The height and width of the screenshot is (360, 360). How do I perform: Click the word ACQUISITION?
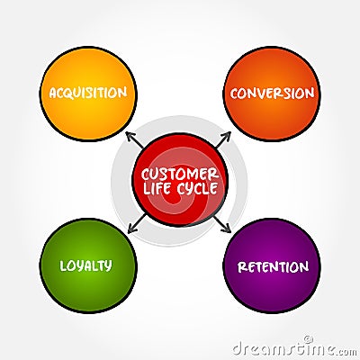point(88,93)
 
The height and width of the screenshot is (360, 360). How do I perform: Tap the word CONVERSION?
point(272,93)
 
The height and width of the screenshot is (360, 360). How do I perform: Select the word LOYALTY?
point(85,265)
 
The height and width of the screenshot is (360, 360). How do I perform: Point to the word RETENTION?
point(273,266)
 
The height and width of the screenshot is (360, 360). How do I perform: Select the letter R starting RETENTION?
point(241,266)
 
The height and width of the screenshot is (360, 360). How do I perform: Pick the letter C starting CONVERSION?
point(234,93)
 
